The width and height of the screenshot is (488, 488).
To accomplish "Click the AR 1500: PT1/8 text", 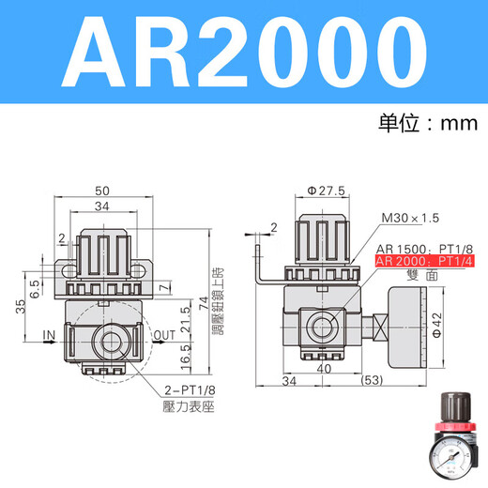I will [x=420, y=249].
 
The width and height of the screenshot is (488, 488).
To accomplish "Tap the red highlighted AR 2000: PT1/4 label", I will [x=421, y=262].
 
